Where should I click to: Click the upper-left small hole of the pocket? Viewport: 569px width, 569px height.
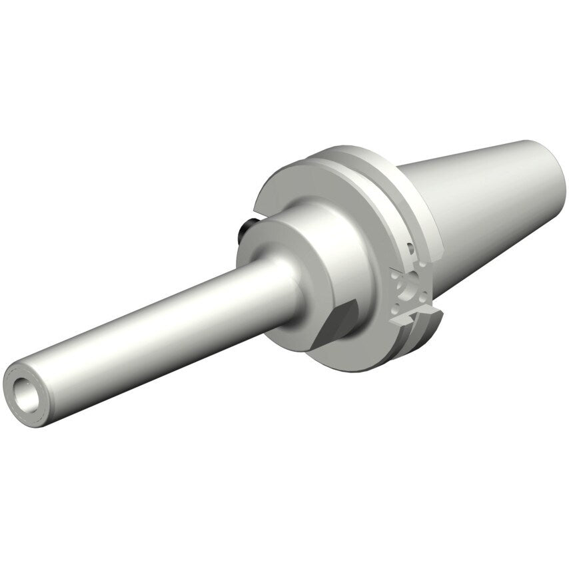(395, 275)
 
